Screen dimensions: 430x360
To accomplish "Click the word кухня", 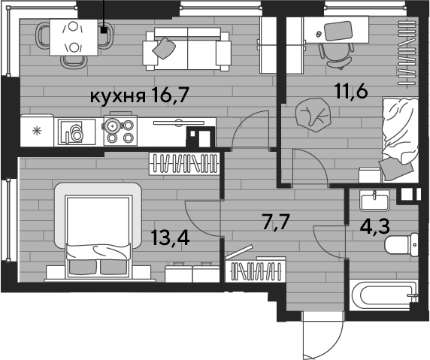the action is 117,96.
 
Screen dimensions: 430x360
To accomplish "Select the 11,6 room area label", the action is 351,91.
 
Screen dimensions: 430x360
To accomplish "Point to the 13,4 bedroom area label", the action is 170,238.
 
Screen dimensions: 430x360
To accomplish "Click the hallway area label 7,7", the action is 276,222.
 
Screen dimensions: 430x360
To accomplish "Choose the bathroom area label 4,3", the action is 374,226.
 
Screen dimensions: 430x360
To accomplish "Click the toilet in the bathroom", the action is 401,244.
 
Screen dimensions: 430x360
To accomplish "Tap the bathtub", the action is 383,295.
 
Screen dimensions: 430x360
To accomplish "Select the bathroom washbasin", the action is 374,201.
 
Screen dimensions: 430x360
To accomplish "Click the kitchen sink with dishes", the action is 75,132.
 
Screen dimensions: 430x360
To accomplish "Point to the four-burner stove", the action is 120,130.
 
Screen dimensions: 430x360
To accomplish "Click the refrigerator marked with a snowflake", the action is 37,130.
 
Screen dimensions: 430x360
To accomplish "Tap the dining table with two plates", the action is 74,38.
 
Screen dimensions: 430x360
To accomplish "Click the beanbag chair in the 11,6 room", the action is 313,114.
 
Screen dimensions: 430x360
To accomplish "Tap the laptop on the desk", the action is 338,31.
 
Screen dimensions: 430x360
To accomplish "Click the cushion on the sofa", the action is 164,48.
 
